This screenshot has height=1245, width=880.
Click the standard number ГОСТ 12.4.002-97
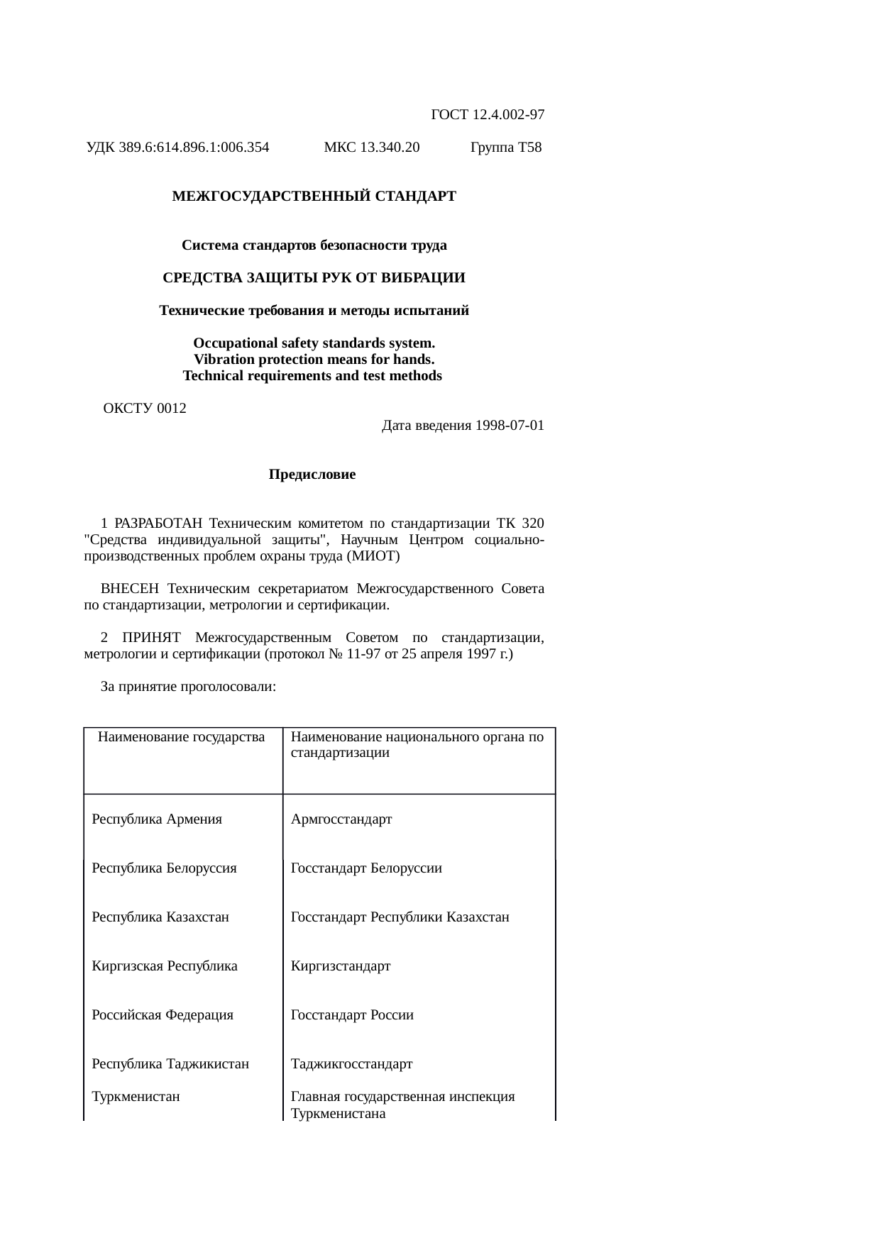tap(488, 114)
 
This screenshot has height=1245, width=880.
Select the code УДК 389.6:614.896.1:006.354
tap(177, 148)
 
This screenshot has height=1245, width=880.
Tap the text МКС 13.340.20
tap(371, 148)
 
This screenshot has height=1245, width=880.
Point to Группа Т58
tap(506, 148)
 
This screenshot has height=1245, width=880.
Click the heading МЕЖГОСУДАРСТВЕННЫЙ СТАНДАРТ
tap(314, 196)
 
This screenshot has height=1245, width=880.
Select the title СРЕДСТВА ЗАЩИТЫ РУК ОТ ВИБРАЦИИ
tap(314, 277)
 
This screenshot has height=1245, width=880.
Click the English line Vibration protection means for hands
tap(314, 360)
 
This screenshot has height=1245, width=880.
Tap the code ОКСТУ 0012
tap(145, 409)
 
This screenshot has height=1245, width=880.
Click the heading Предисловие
tap(312, 475)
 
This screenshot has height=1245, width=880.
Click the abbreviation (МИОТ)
tap(373, 556)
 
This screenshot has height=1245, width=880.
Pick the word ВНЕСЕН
tap(130, 589)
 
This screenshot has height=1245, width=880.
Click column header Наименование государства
tap(181, 737)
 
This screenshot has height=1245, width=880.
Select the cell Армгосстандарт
tap(341, 819)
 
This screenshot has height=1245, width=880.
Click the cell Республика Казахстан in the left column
tap(160, 917)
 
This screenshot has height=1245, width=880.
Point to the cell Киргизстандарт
tap(341, 966)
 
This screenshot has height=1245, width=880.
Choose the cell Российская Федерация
tap(163, 1015)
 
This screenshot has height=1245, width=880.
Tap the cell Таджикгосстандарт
tap(351, 1064)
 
